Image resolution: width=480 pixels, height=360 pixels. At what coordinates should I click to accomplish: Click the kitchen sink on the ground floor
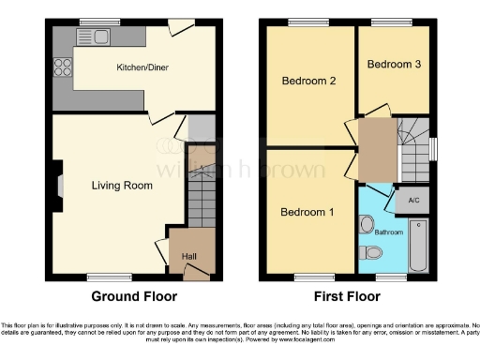99,37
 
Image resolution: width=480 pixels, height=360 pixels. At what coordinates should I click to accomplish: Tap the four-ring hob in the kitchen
64,67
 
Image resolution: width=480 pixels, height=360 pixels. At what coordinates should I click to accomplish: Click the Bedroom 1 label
307,212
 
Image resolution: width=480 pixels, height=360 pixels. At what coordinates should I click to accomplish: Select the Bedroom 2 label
308,81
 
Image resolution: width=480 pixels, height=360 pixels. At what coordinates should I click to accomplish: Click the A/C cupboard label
412,200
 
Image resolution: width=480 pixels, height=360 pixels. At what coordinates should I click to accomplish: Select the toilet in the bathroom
372,251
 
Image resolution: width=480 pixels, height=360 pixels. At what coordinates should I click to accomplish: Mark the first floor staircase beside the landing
413,150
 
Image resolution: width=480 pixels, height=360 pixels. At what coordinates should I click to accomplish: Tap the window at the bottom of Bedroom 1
307,277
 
